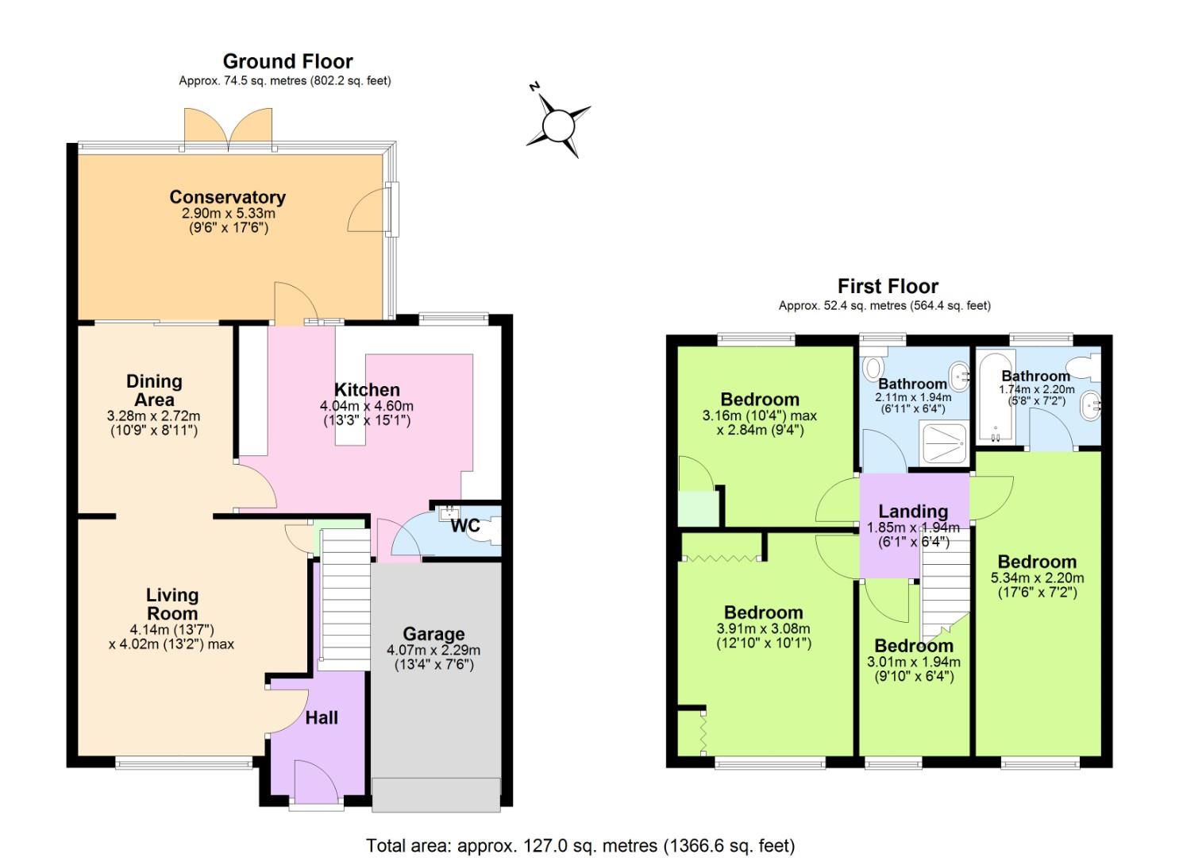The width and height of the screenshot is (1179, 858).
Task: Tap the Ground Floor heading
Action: tap(287, 61)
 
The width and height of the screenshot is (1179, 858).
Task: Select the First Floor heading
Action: tap(888, 286)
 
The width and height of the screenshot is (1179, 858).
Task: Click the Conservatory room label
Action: tap(227, 197)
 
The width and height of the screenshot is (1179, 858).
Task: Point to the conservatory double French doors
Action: tap(229, 129)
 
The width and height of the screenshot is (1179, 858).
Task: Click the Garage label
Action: tap(433, 634)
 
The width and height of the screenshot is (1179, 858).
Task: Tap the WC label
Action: tap(464, 526)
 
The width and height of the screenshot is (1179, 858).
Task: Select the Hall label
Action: tap(322, 717)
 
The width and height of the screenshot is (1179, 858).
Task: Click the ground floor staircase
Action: tap(345, 596)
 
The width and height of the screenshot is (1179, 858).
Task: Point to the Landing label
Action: tap(913, 511)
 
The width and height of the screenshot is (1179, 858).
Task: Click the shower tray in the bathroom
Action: tap(943, 441)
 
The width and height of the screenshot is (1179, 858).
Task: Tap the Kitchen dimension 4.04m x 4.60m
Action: tap(367, 406)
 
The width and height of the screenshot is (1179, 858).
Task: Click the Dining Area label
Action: tap(154, 390)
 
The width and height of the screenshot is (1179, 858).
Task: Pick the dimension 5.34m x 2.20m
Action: tap(1037, 578)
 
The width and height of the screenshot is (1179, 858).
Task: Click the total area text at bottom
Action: tap(580, 845)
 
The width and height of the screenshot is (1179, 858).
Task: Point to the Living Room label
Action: tap(172, 604)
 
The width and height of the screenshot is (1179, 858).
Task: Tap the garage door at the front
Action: tap(436, 795)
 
